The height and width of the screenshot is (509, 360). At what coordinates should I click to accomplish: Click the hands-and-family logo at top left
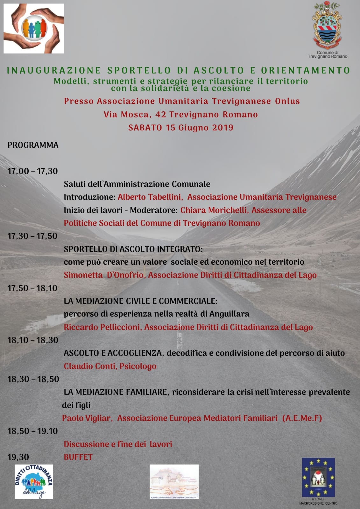pyautogui.click(x=34, y=29)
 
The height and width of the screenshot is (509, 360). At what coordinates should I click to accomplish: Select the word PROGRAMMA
pyautogui.click(x=33, y=145)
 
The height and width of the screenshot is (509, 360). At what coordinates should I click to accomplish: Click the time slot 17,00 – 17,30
pyautogui.click(x=33, y=171)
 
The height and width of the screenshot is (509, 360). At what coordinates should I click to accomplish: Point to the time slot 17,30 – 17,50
pyautogui.click(x=32, y=236)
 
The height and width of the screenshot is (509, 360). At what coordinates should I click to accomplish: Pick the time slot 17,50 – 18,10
pyautogui.click(x=32, y=288)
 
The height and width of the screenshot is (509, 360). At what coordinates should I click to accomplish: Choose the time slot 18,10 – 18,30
pyautogui.click(x=33, y=340)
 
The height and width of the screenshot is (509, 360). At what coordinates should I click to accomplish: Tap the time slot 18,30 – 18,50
pyautogui.click(x=33, y=379)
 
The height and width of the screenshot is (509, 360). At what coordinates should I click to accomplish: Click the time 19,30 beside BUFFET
pyautogui.click(x=18, y=457)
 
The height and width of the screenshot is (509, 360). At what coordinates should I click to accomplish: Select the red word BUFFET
pyautogui.click(x=78, y=457)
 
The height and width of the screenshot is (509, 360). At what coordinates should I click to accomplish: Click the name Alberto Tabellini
pyautogui.click(x=149, y=197)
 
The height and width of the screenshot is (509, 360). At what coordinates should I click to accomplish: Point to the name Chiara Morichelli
pyautogui.click(x=214, y=210)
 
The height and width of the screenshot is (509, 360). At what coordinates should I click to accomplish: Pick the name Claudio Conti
pyautogui.click(x=90, y=366)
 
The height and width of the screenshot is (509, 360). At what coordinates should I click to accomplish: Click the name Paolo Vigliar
pyautogui.click(x=86, y=418)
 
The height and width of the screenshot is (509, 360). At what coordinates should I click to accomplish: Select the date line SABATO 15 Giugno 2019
pyautogui.click(x=181, y=128)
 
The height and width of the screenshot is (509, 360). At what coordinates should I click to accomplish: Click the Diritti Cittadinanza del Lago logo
pyautogui.click(x=34, y=482)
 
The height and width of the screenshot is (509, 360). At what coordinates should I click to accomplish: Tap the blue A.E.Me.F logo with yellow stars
pyautogui.click(x=318, y=477)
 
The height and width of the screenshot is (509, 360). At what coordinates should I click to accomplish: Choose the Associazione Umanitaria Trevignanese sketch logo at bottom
pyautogui.click(x=174, y=481)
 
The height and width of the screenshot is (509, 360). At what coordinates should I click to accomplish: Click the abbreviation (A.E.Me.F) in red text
pyautogui.click(x=302, y=418)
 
